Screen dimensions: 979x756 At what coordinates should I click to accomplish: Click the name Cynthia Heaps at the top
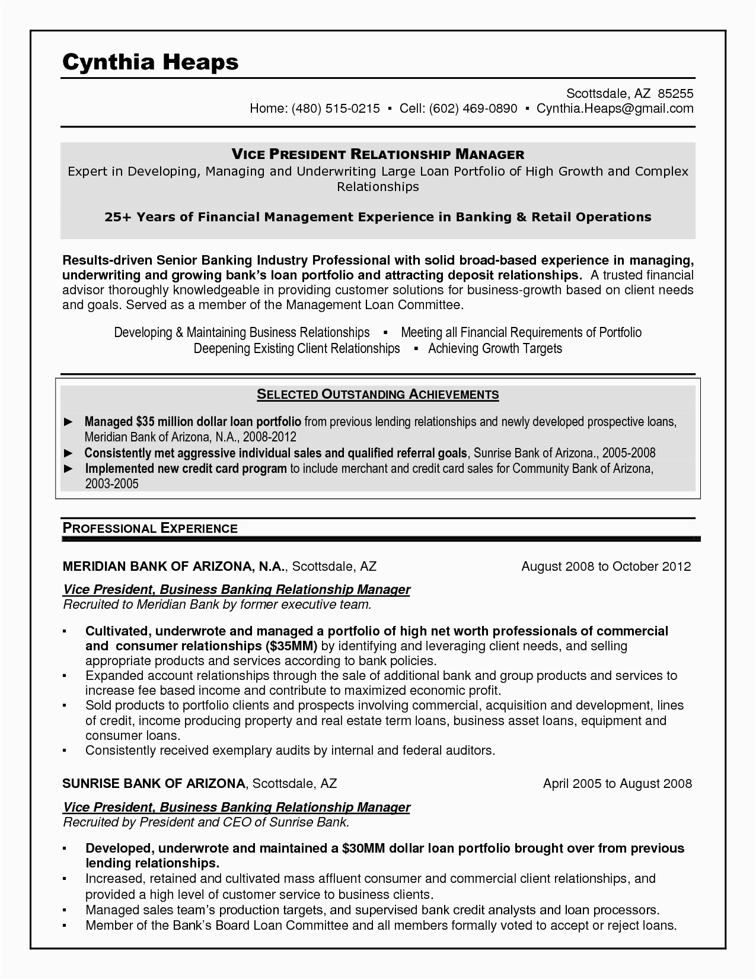(x=150, y=62)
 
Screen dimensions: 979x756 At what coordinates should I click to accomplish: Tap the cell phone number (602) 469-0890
(x=473, y=109)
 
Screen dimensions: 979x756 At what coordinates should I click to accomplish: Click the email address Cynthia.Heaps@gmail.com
(x=615, y=109)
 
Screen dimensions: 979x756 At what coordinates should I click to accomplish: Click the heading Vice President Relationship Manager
(x=378, y=155)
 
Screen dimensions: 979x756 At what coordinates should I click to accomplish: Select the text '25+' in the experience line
(x=118, y=217)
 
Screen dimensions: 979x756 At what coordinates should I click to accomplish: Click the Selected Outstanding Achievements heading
(x=378, y=394)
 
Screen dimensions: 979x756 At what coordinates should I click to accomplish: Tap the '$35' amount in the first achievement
(x=145, y=422)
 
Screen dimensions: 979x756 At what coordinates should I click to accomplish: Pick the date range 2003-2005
(x=111, y=484)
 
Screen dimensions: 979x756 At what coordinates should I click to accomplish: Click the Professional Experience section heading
(x=150, y=528)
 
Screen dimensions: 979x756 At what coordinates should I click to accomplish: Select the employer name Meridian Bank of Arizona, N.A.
(x=175, y=567)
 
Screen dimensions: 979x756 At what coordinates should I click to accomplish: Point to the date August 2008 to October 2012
(x=606, y=567)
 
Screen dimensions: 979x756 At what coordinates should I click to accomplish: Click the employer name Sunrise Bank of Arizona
(x=154, y=784)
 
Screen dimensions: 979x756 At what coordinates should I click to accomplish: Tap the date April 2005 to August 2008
(x=617, y=784)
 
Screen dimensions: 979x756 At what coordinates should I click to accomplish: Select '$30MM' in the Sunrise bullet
(x=363, y=848)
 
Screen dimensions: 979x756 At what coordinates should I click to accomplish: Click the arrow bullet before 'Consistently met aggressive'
(x=68, y=453)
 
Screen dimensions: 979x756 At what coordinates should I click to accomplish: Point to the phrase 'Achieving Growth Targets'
(x=495, y=348)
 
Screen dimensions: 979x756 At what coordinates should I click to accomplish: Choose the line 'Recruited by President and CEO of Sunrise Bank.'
(x=206, y=822)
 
